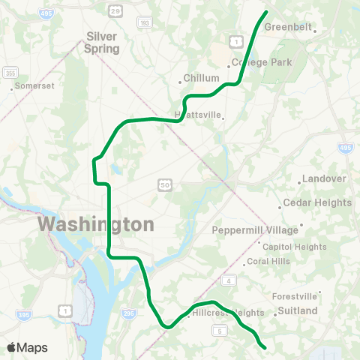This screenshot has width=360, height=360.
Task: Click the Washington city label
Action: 96,224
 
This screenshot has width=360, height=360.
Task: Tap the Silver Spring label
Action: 103,42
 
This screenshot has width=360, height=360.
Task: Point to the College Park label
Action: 261,62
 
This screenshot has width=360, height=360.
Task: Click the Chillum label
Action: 202,78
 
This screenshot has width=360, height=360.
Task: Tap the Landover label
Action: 323,179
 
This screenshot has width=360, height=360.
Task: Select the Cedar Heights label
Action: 316,203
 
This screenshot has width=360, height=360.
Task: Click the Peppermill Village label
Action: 255,230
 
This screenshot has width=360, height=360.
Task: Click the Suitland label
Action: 297,310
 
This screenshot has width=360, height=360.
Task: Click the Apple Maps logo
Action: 27,347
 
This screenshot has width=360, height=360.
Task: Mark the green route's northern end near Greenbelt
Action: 266,12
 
